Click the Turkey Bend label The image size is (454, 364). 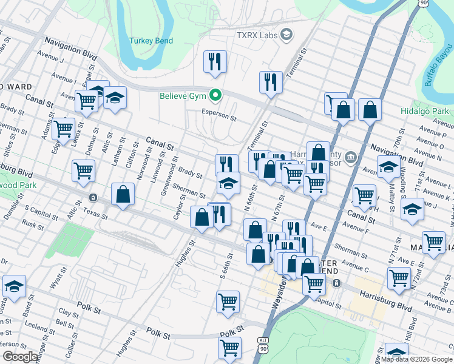tap(151, 41)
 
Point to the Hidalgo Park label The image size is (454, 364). tap(425, 111)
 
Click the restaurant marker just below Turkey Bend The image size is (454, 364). tap(215, 62)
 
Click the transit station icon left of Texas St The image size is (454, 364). tap(93, 197)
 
